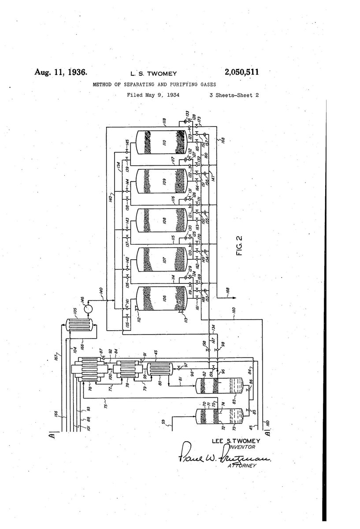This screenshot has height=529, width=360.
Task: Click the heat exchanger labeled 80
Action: (154, 369)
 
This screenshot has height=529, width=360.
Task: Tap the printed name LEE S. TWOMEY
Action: (236, 441)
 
